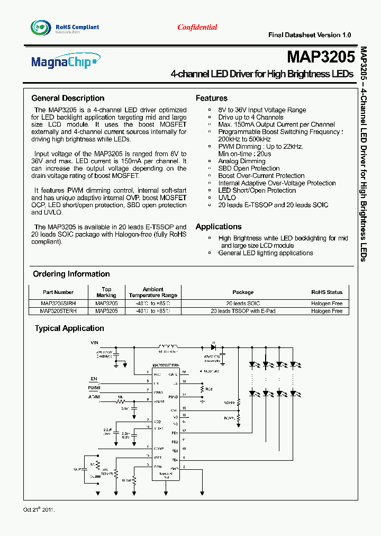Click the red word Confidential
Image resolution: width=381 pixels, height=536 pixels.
tap(197, 27)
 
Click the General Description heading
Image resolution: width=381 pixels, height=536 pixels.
tap(68, 98)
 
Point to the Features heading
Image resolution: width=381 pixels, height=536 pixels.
tap(212, 98)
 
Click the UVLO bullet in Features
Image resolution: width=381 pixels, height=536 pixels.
tap(227, 198)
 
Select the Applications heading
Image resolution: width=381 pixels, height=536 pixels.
tap(219, 227)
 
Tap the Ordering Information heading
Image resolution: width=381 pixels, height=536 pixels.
tap(71, 274)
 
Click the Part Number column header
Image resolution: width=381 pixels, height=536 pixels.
tap(58, 292)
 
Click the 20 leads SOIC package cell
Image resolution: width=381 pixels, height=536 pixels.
tap(243, 303)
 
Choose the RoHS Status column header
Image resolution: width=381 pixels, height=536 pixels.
tap(326, 292)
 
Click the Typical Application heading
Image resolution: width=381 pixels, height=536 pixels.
tap(69, 328)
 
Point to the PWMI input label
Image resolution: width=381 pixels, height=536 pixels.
tap(94, 388)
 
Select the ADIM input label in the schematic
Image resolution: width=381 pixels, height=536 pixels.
tap(94, 397)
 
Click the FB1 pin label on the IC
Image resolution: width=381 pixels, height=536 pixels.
tap(175, 432)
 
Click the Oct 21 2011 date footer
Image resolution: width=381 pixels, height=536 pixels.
tap(39, 510)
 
